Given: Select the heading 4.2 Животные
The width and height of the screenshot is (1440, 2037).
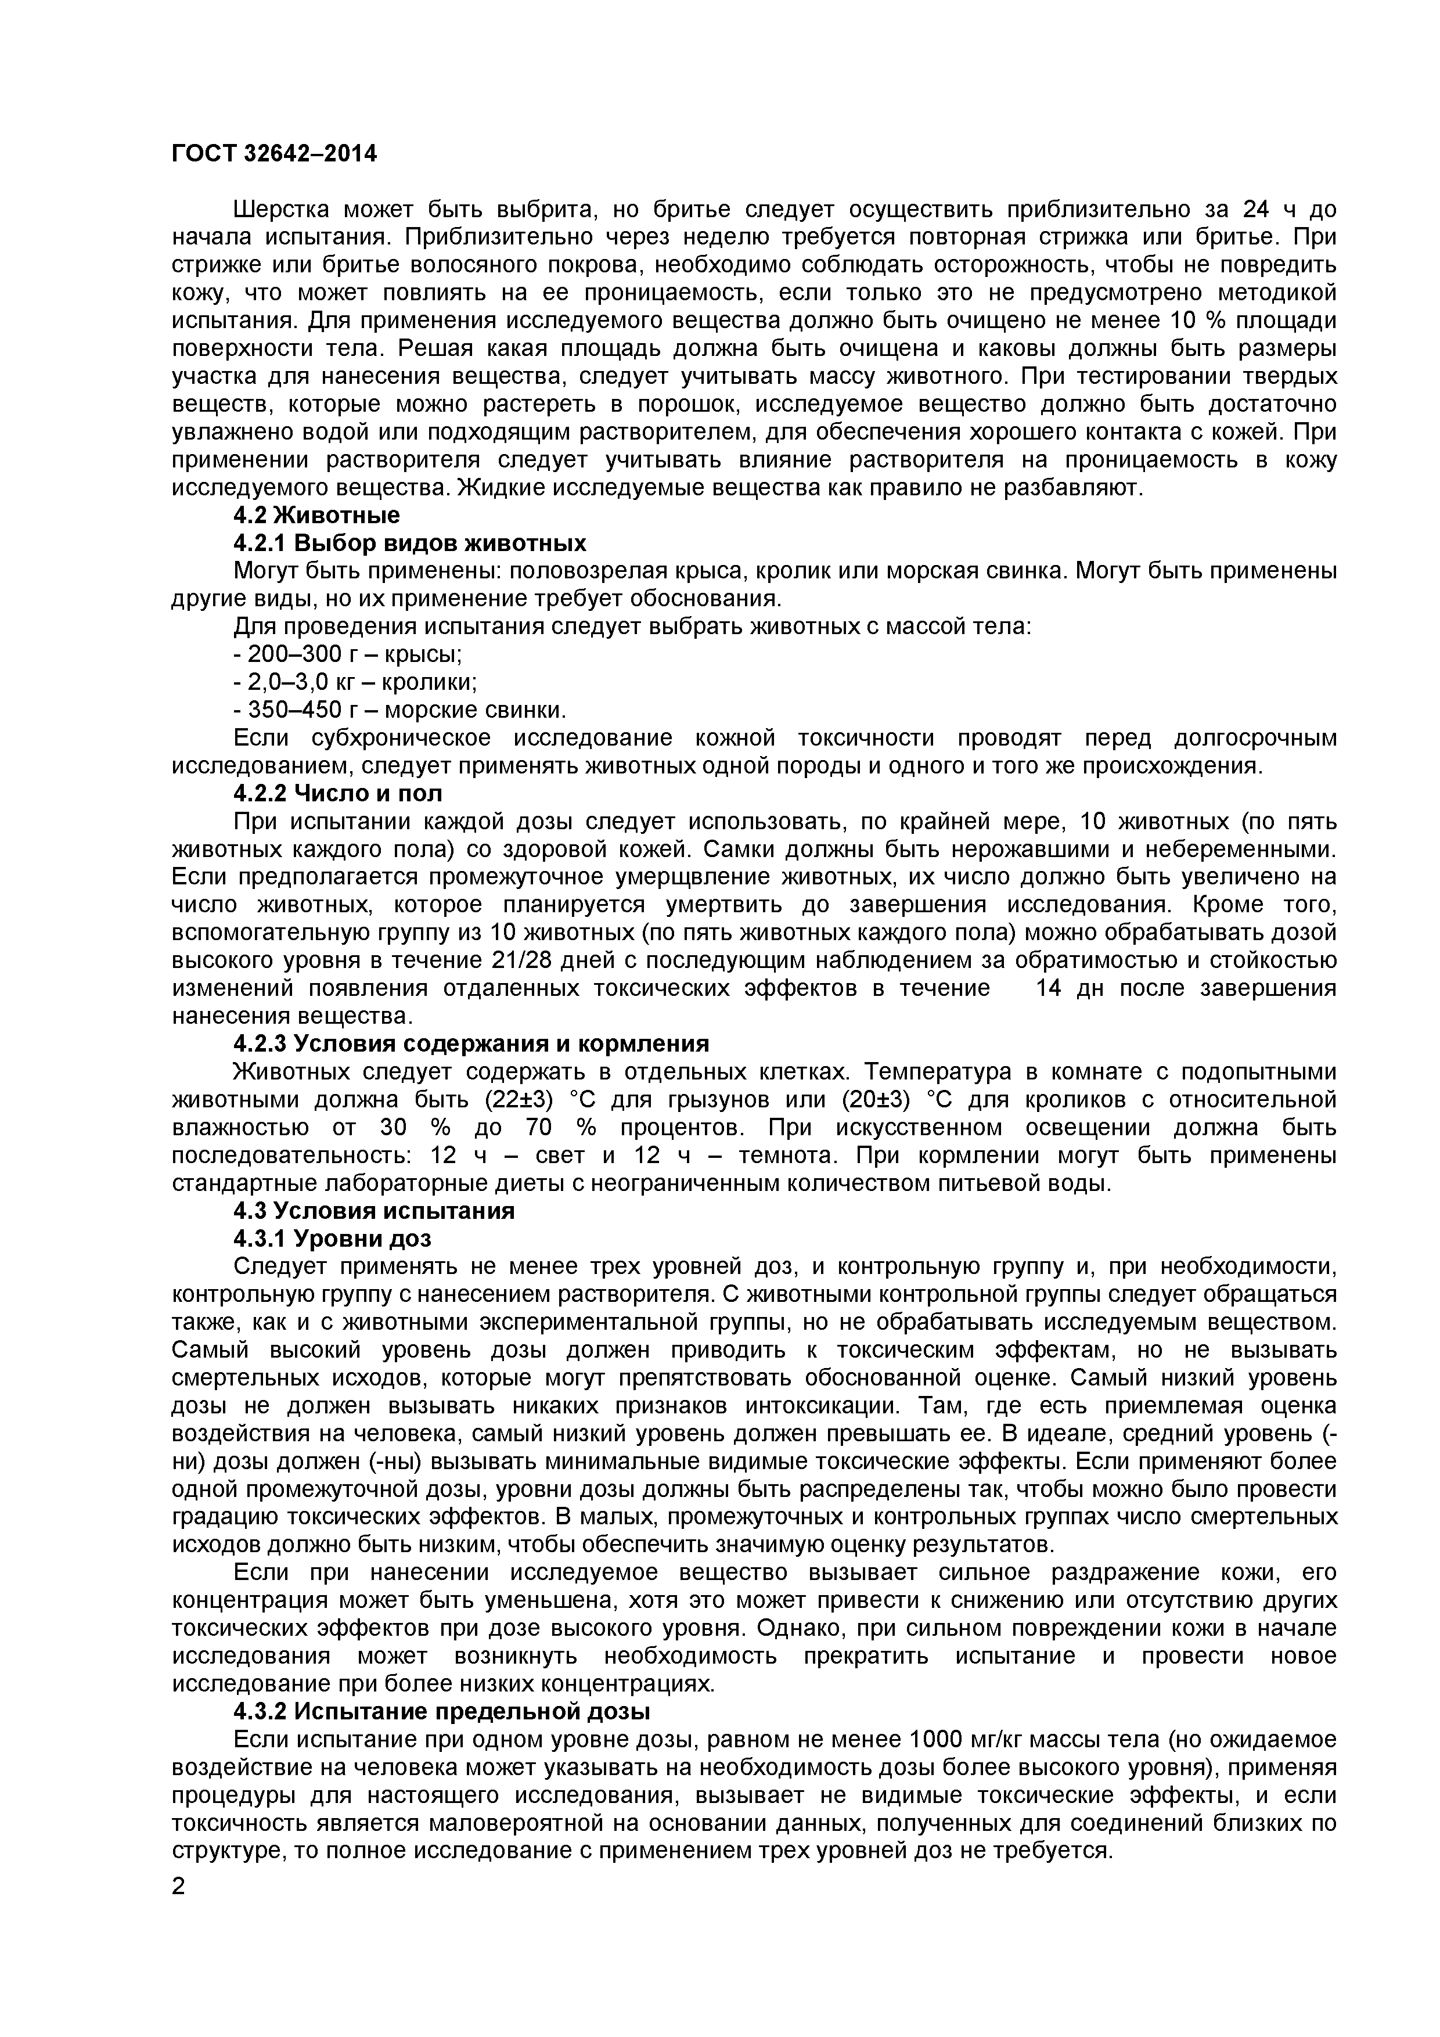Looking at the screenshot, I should click(317, 516).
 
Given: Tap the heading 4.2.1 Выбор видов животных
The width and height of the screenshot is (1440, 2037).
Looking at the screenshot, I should click(410, 543).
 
